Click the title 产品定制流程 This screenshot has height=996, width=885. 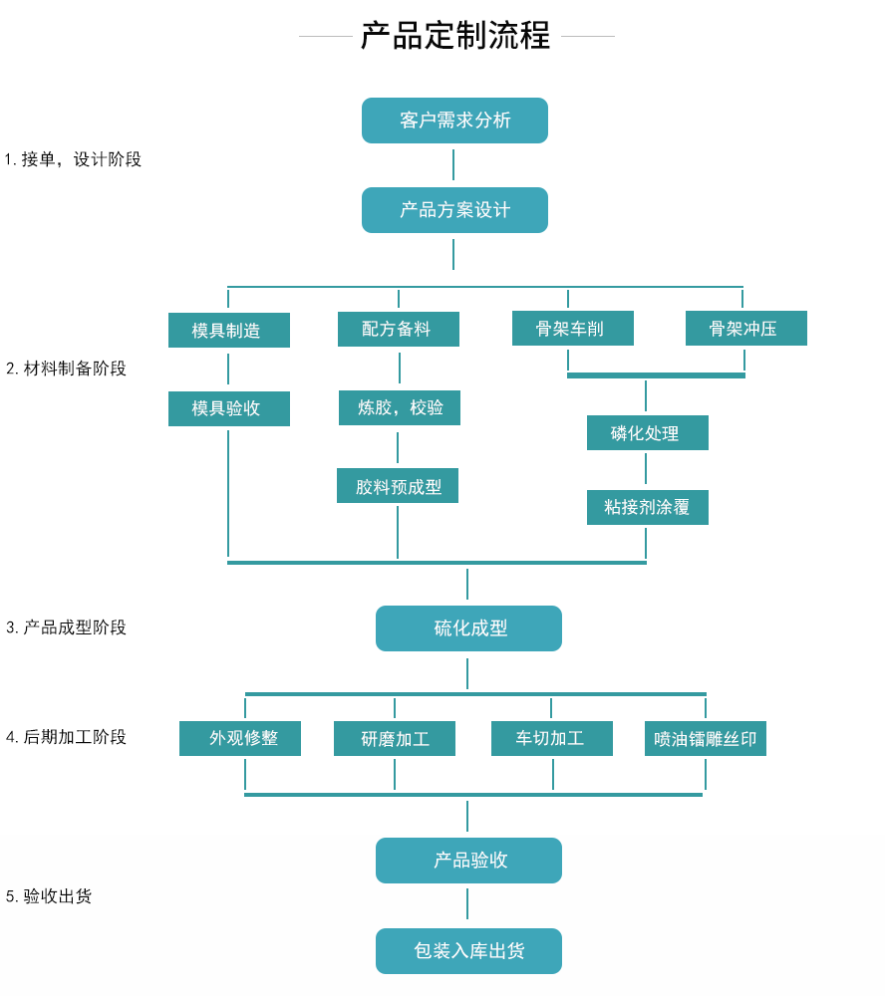[455, 36]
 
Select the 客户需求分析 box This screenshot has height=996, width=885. [454, 121]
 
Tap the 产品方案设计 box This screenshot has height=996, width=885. [454, 210]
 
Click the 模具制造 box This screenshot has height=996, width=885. [228, 331]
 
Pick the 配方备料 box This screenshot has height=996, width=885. [398, 330]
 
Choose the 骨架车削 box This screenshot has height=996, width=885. [572, 329]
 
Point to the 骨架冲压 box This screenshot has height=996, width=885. [745, 329]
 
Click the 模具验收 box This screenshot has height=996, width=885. [228, 408]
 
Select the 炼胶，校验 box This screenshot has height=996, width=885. [399, 407]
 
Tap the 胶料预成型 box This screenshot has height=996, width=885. [397, 486]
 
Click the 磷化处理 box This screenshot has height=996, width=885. [647, 433]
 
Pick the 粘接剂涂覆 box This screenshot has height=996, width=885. [647, 507]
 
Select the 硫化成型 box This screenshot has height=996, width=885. [468, 628]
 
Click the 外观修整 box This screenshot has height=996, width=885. [239, 739]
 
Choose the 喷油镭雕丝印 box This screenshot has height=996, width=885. [705, 739]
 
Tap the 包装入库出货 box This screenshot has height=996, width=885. [468, 951]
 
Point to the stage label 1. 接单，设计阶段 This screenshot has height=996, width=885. [73, 159]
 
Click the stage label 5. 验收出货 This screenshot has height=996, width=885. [49, 896]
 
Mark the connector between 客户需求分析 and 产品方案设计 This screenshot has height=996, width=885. [453, 165]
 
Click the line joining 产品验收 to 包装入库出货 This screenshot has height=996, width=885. [467, 904]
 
